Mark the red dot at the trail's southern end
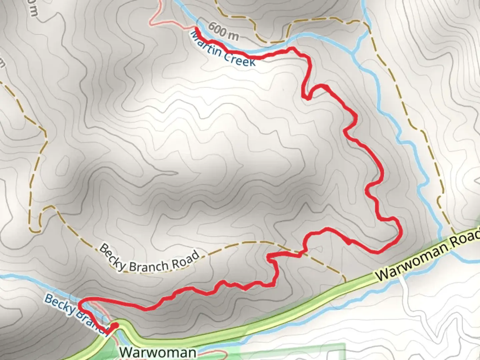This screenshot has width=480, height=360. click(115, 325)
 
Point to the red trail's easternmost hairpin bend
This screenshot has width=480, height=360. click(399, 230)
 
